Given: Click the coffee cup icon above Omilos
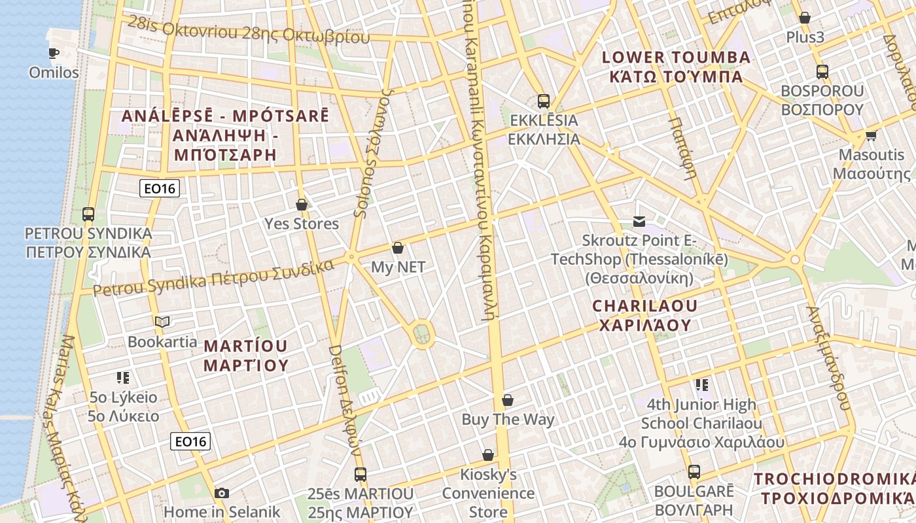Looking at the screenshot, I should pos(54,54).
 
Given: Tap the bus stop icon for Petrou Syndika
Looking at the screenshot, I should pos(88,214).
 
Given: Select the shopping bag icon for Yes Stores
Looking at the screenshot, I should pos(302,205).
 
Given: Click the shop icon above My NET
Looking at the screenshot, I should pos(398,248).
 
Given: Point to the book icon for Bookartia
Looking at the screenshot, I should pos(162,322).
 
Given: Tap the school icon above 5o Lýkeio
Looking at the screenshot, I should pos(123,378).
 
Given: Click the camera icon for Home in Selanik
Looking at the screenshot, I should pos(222,493).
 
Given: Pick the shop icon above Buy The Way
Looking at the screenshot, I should pos(508,400).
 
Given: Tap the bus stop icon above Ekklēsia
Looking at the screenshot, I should pos(544,101).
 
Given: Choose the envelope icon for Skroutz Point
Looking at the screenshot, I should pos(639,222).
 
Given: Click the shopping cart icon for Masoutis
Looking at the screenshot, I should pos(871,136).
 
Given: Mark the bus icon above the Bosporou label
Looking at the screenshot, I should pos(822,72).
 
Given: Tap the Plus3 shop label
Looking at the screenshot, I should pos(805,37).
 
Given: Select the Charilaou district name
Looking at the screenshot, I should pos(645,315).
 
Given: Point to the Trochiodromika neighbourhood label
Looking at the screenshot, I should pos(834,488).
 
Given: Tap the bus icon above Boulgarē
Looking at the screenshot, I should pos(694,472).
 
